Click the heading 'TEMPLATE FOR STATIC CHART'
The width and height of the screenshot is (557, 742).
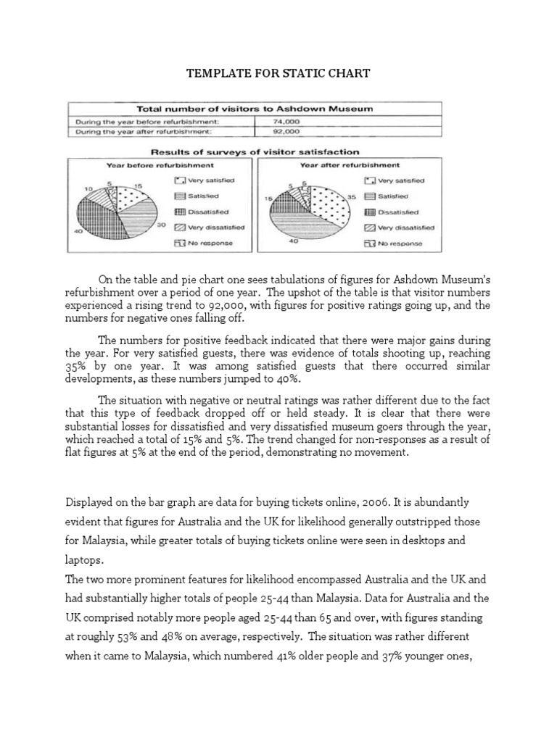[278, 74]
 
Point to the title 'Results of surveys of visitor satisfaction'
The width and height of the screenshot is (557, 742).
[254, 152]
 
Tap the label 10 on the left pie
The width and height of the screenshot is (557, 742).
[88, 188]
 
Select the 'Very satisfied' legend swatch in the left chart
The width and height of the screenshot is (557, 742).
[178, 180]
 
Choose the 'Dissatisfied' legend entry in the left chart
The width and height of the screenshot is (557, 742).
[204, 212]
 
